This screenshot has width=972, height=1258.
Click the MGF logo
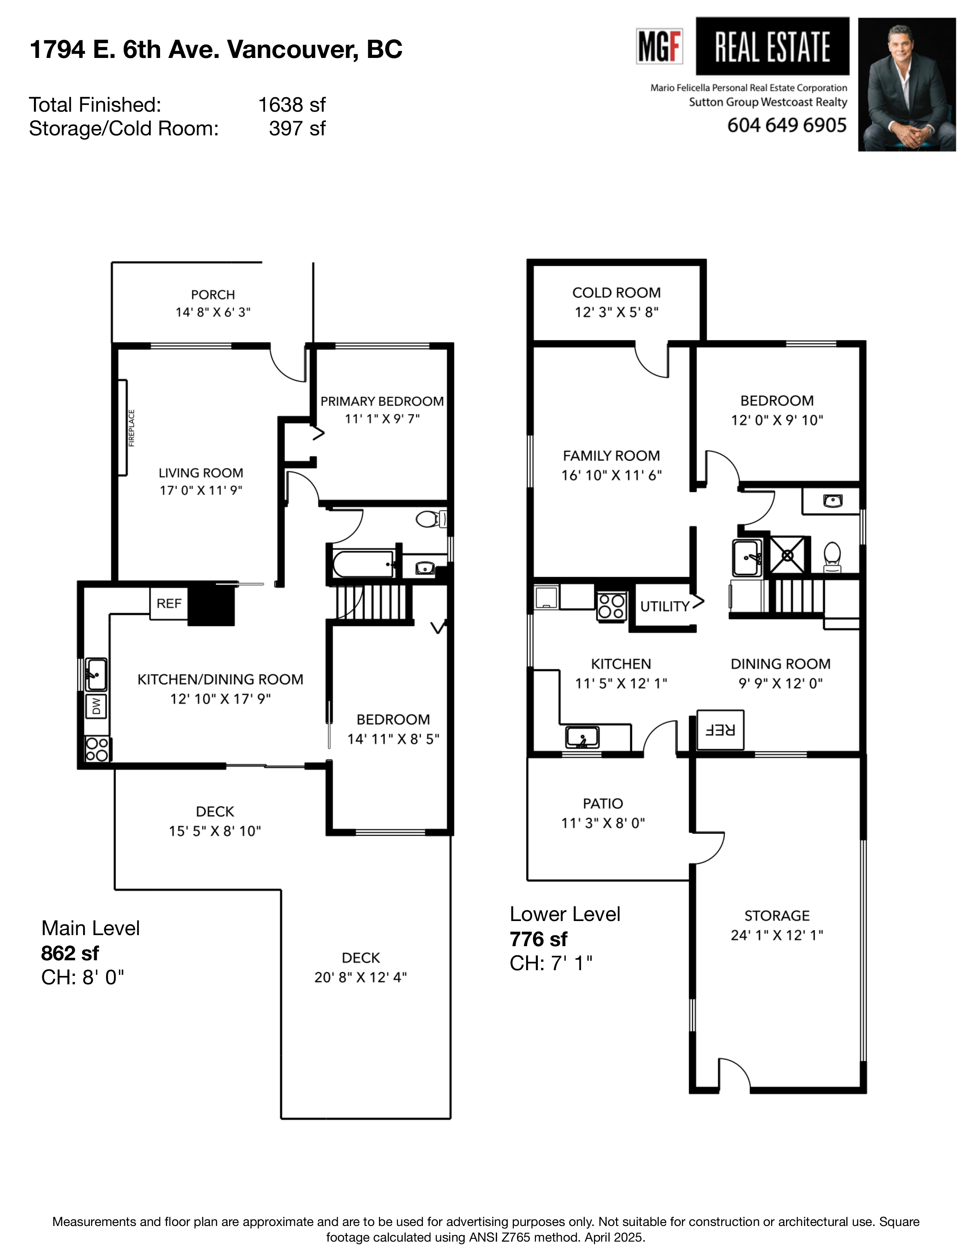(x=659, y=46)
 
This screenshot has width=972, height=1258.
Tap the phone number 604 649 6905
(x=787, y=125)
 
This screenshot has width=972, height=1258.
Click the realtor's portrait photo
(x=906, y=85)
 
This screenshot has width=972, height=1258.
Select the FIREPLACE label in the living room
(x=131, y=428)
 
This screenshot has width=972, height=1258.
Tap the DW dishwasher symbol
(x=96, y=705)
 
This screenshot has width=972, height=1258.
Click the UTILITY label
(x=664, y=606)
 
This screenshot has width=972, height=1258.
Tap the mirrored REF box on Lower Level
(x=720, y=730)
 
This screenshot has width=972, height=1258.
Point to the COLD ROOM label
(x=616, y=293)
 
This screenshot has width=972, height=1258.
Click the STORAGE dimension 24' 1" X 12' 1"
(x=777, y=934)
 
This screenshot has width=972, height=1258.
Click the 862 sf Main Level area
(x=70, y=953)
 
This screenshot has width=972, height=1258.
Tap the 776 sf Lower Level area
(x=538, y=939)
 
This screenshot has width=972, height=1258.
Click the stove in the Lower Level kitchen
(x=611, y=606)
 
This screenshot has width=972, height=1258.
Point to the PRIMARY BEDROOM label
(x=382, y=401)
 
